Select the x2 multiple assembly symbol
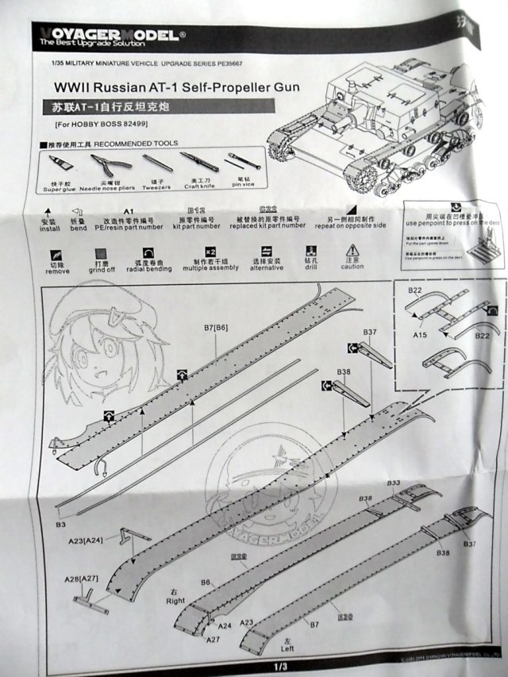tap(210, 250)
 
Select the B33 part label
tap(393, 483)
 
